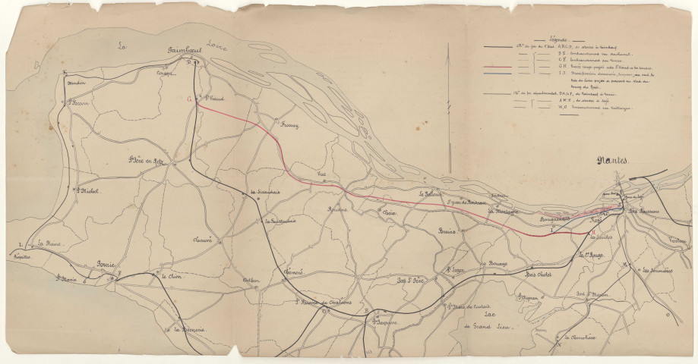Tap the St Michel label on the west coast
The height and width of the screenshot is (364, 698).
(x=87, y=190)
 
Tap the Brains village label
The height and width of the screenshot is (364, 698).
(x=447, y=232)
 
